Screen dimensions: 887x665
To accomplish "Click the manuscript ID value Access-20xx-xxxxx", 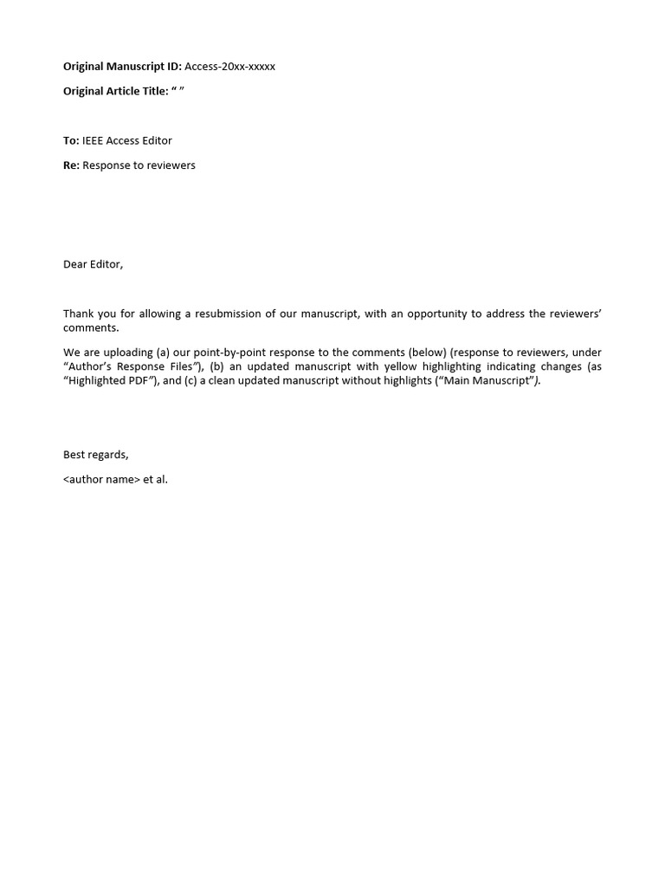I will tap(229, 67).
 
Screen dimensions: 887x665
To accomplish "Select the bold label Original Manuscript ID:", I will tap(122, 67).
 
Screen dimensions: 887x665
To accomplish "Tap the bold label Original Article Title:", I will tap(115, 91).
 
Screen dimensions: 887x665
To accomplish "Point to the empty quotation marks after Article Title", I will tap(178, 91).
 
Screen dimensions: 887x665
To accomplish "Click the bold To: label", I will tap(71, 140).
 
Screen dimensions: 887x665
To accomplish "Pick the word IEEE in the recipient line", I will tap(93, 140).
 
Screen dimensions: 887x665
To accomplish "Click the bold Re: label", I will tap(71, 165).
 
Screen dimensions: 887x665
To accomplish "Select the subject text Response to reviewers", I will tap(139, 165).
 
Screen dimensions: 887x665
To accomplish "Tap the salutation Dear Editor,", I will tap(93, 264).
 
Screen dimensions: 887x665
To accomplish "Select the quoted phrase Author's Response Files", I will tap(132, 366).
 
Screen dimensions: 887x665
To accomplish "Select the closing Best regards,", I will tap(95, 455).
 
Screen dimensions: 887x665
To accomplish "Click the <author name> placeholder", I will tap(101, 479).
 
